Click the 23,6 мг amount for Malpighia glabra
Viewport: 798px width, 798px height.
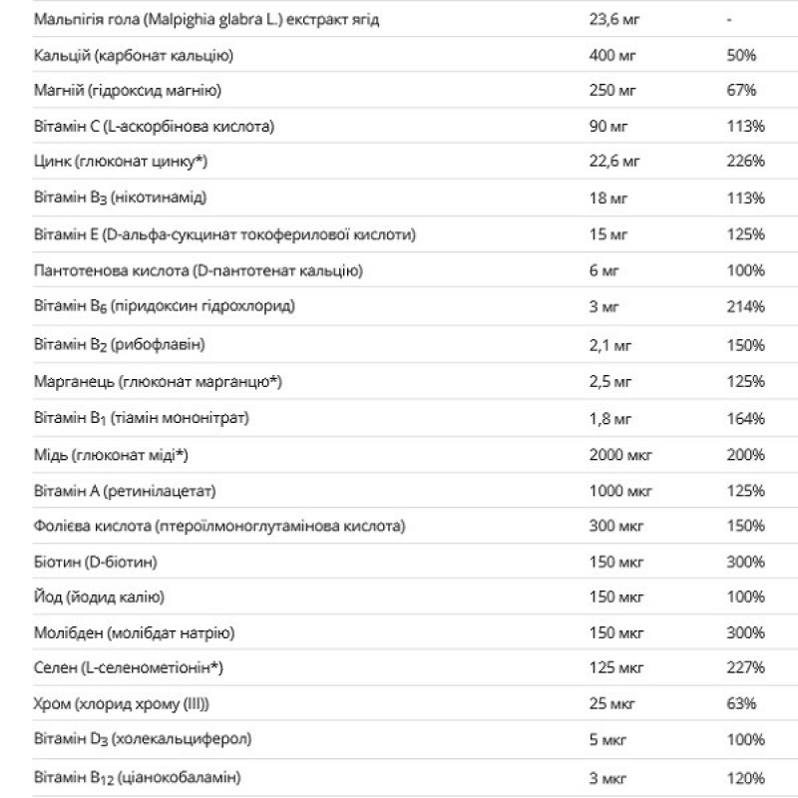click(609, 20)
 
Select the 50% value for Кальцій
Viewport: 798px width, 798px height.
click(741, 56)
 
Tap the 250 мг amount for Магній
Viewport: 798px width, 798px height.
click(611, 91)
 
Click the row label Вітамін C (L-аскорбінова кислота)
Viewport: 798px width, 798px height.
click(154, 127)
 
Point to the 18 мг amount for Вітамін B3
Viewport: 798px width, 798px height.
click(607, 198)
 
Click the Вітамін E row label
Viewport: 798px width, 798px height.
click(224, 234)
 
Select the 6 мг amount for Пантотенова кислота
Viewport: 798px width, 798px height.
click(603, 270)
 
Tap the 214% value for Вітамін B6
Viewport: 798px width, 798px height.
click(745, 306)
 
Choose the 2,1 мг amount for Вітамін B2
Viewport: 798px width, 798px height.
click(609, 344)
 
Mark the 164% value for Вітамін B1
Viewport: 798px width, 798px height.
click(745, 418)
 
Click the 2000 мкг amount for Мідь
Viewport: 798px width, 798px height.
click(620, 455)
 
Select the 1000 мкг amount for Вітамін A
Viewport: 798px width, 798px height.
click(620, 491)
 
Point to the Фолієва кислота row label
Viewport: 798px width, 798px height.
click(219, 526)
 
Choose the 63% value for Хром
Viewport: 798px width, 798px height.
click(741, 704)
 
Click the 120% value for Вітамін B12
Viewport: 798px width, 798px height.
click(745, 777)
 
